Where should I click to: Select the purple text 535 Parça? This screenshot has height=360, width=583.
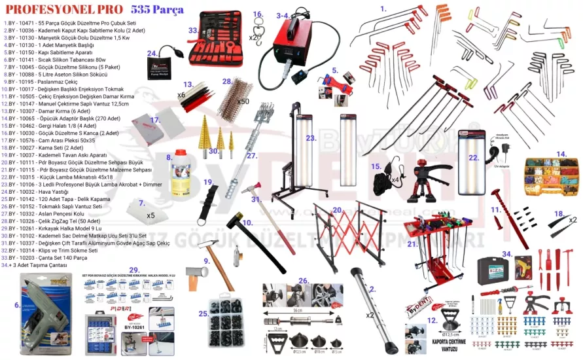click(157, 10)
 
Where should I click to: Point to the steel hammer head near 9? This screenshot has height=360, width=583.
click(196, 271)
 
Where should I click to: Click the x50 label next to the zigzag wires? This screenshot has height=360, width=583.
click(243, 101)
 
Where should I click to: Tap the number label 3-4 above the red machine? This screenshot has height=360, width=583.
click(283, 14)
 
